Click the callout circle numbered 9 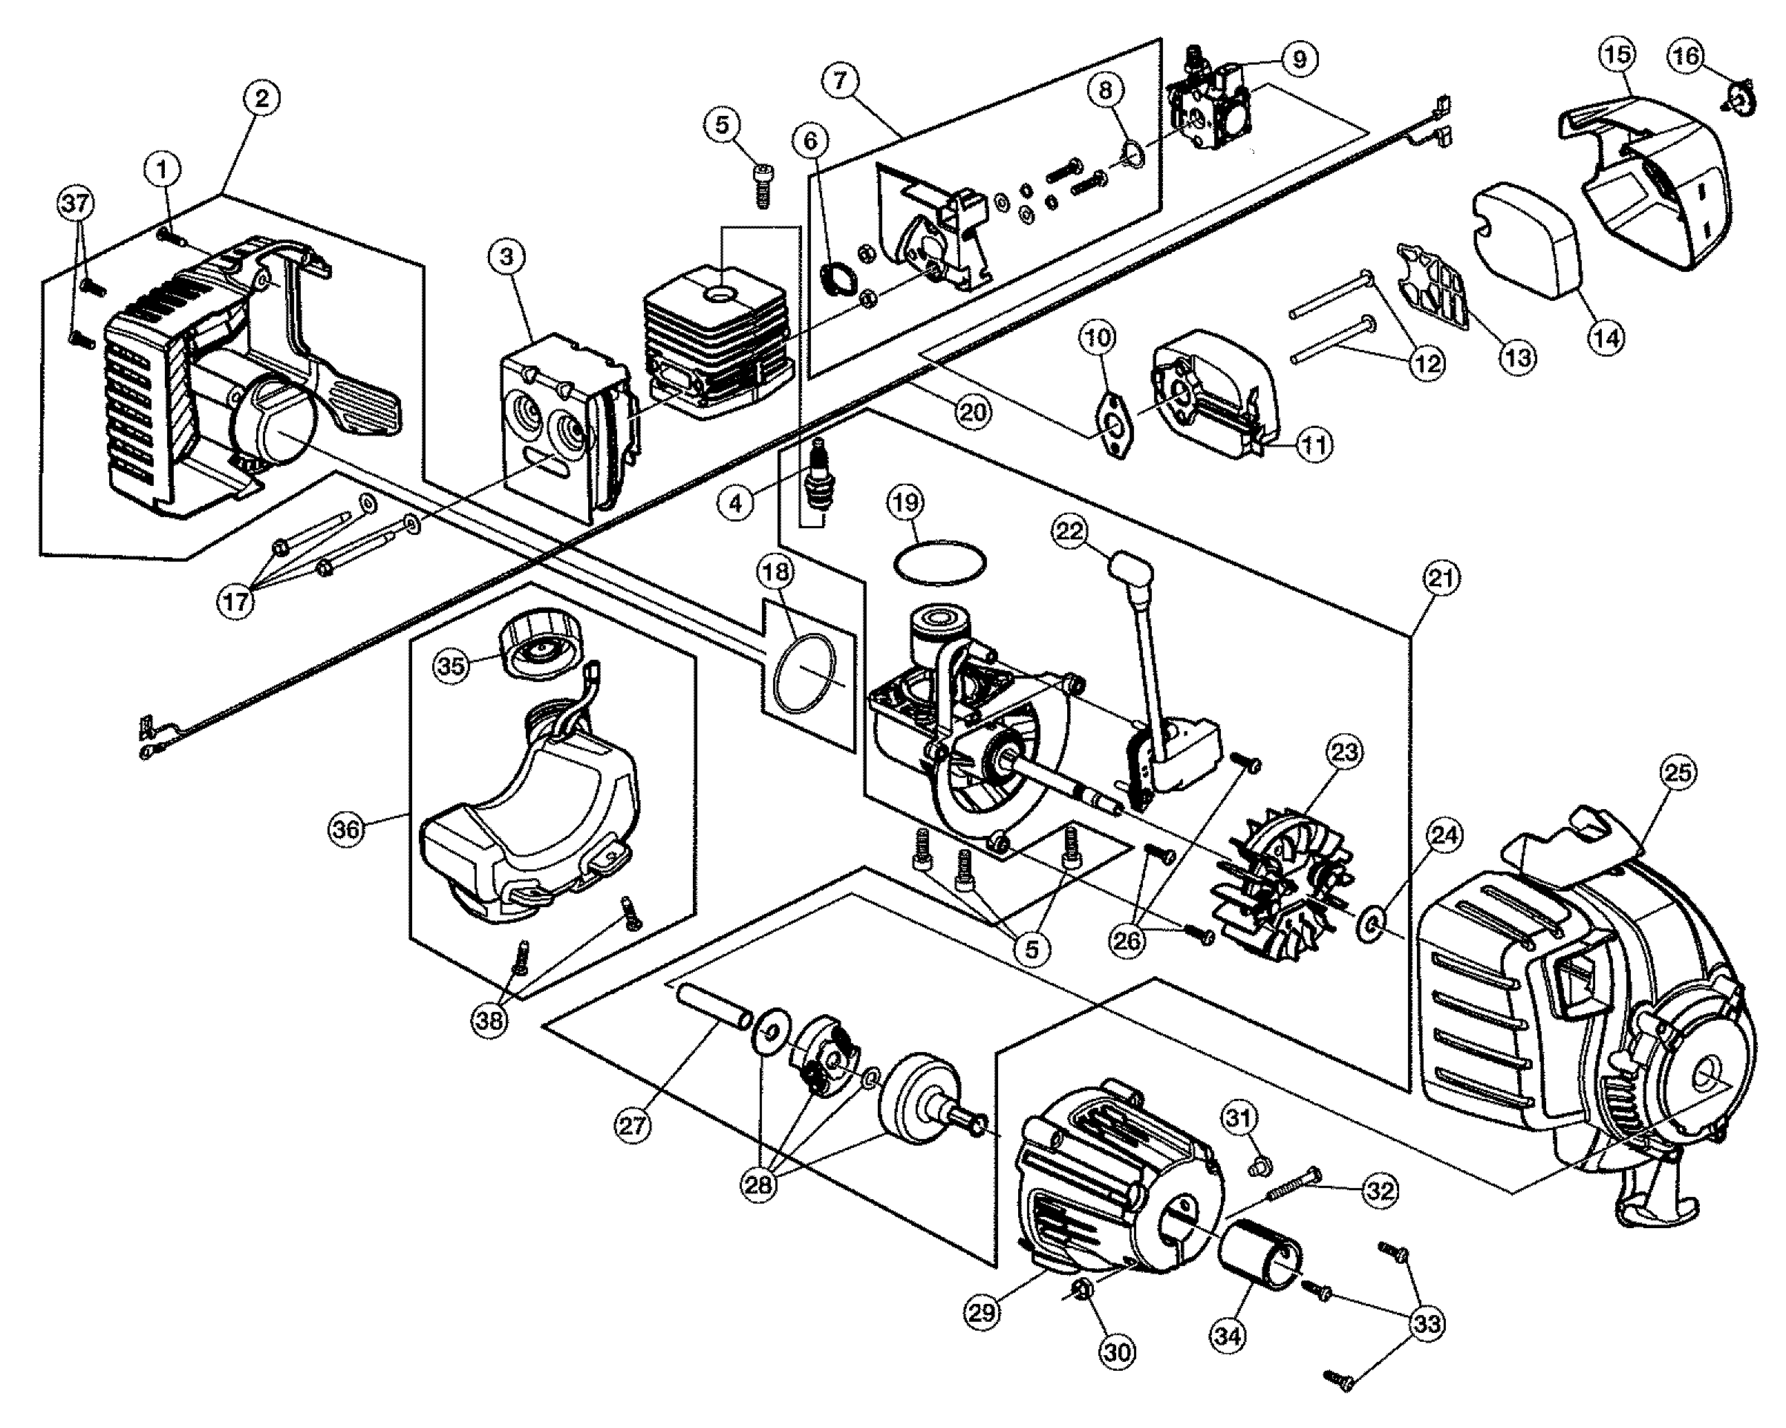pyautogui.click(x=1298, y=59)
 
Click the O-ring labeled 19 pyautogui.click(x=940, y=562)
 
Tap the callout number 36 pyautogui.click(x=346, y=828)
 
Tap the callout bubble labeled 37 pyautogui.click(x=76, y=203)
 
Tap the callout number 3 pyautogui.click(x=507, y=257)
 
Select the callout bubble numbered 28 pyautogui.click(x=758, y=1184)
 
